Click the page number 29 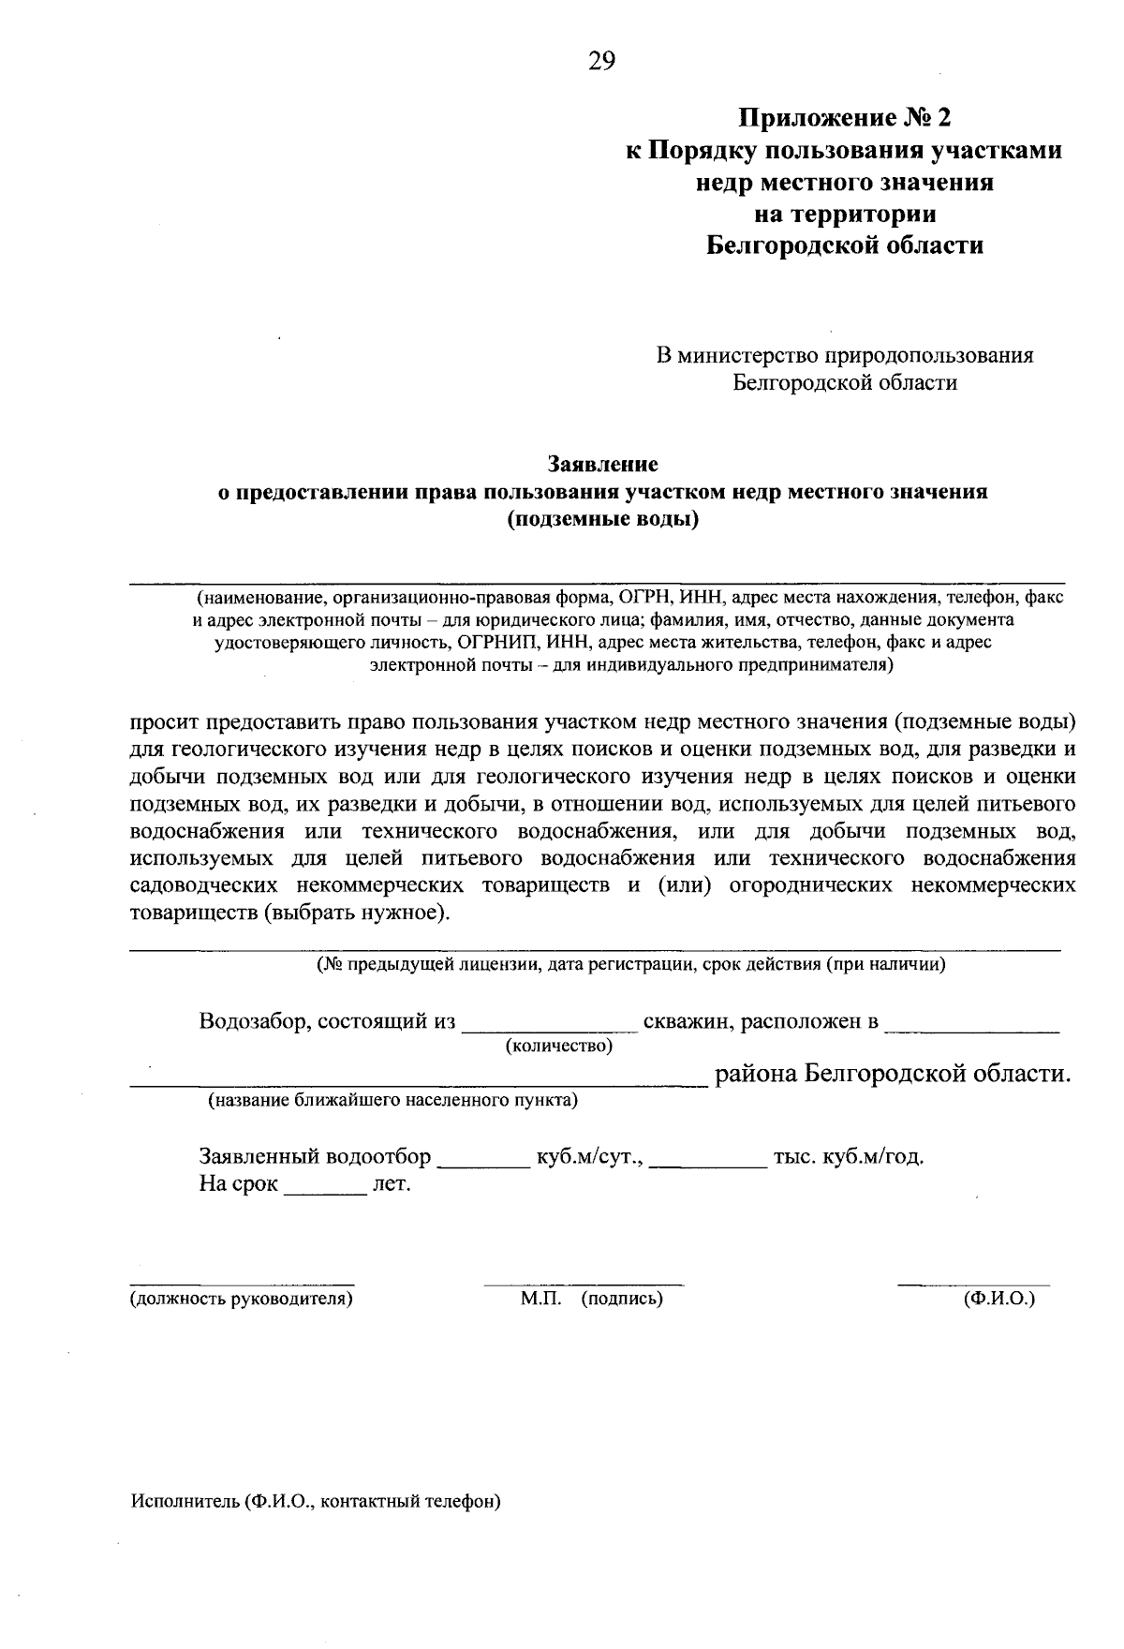601,62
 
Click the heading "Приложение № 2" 844,118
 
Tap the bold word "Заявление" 602,464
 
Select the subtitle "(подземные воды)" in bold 603,519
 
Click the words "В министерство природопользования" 844,356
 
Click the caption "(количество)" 559,1045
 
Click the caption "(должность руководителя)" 242,1299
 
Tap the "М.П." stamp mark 540,1299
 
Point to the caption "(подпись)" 622,1299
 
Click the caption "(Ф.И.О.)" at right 999,1299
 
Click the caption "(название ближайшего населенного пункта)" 392,1100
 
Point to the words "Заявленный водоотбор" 315,1156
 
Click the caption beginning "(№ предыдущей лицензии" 630,964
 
